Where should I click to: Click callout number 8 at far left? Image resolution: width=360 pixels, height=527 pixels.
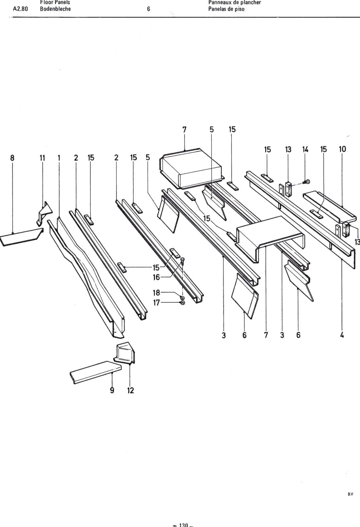(x=12, y=158)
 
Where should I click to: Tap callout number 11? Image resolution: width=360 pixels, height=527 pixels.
(x=42, y=158)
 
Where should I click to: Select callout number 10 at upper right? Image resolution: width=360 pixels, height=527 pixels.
(x=342, y=149)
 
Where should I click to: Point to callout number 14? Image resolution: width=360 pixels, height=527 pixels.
(x=305, y=149)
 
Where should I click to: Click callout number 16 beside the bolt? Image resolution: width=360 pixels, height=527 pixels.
(x=156, y=277)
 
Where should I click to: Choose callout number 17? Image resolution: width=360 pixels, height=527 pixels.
(x=156, y=303)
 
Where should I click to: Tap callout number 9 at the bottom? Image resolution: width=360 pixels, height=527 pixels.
(x=112, y=390)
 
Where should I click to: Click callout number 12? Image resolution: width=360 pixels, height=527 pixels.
(x=130, y=390)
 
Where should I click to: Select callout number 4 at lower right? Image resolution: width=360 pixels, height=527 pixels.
(x=342, y=335)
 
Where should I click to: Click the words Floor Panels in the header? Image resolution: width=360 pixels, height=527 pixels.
(x=55, y=2)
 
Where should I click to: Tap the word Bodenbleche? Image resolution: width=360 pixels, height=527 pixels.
(x=55, y=9)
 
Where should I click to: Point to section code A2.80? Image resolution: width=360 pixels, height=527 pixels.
(x=20, y=9)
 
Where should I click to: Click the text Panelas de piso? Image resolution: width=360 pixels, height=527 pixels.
(x=226, y=9)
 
